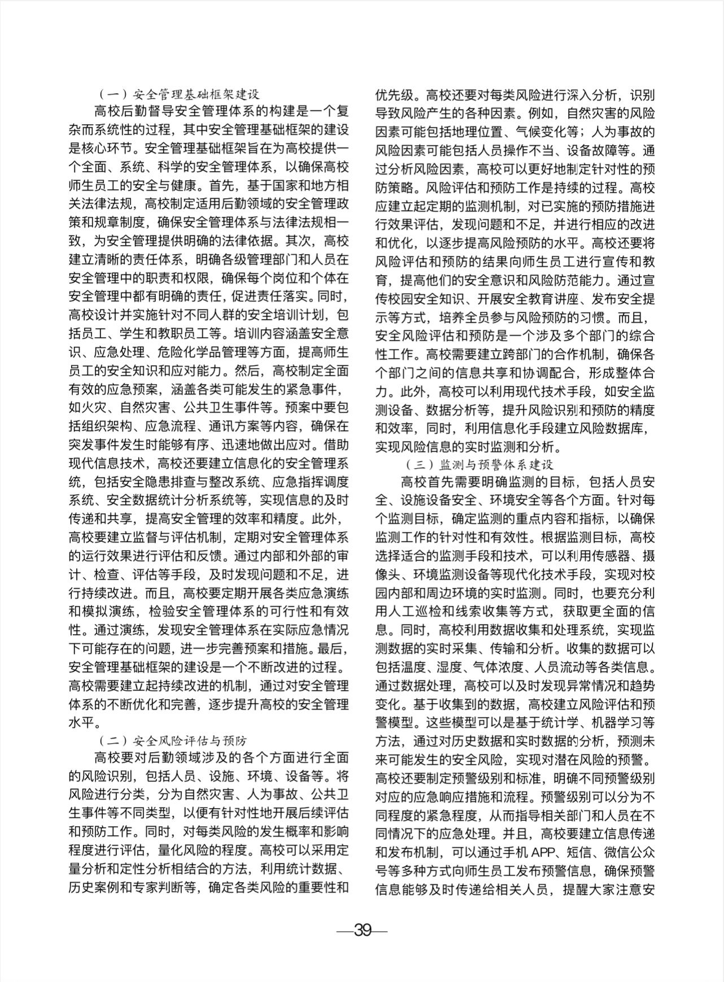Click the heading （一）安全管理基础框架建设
[x=179, y=94]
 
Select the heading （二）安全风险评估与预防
[x=173, y=740]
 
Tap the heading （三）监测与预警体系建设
[x=479, y=465]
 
